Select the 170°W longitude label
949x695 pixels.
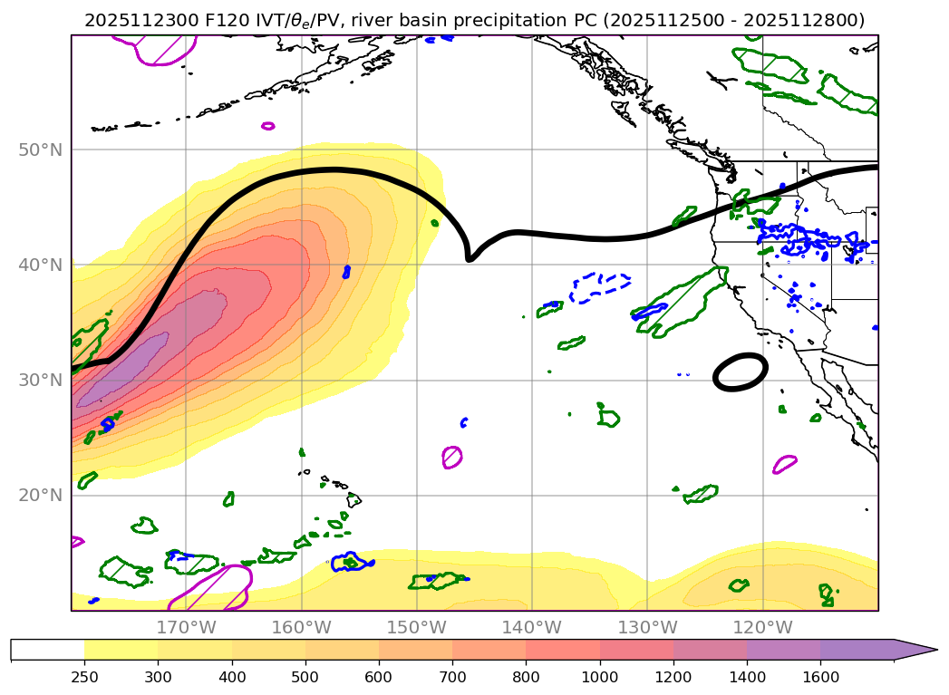[x=186, y=627]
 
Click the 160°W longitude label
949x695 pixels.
[x=301, y=627]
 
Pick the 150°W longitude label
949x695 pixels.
[x=417, y=627]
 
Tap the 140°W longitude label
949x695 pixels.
[x=532, y=627]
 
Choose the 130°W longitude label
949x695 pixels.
[x=647, y=627]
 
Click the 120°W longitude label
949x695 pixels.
[x=763, y=627]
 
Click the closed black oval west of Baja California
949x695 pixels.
[x=741, y=372]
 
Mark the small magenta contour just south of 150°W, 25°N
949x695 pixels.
[x=452, y=457]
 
